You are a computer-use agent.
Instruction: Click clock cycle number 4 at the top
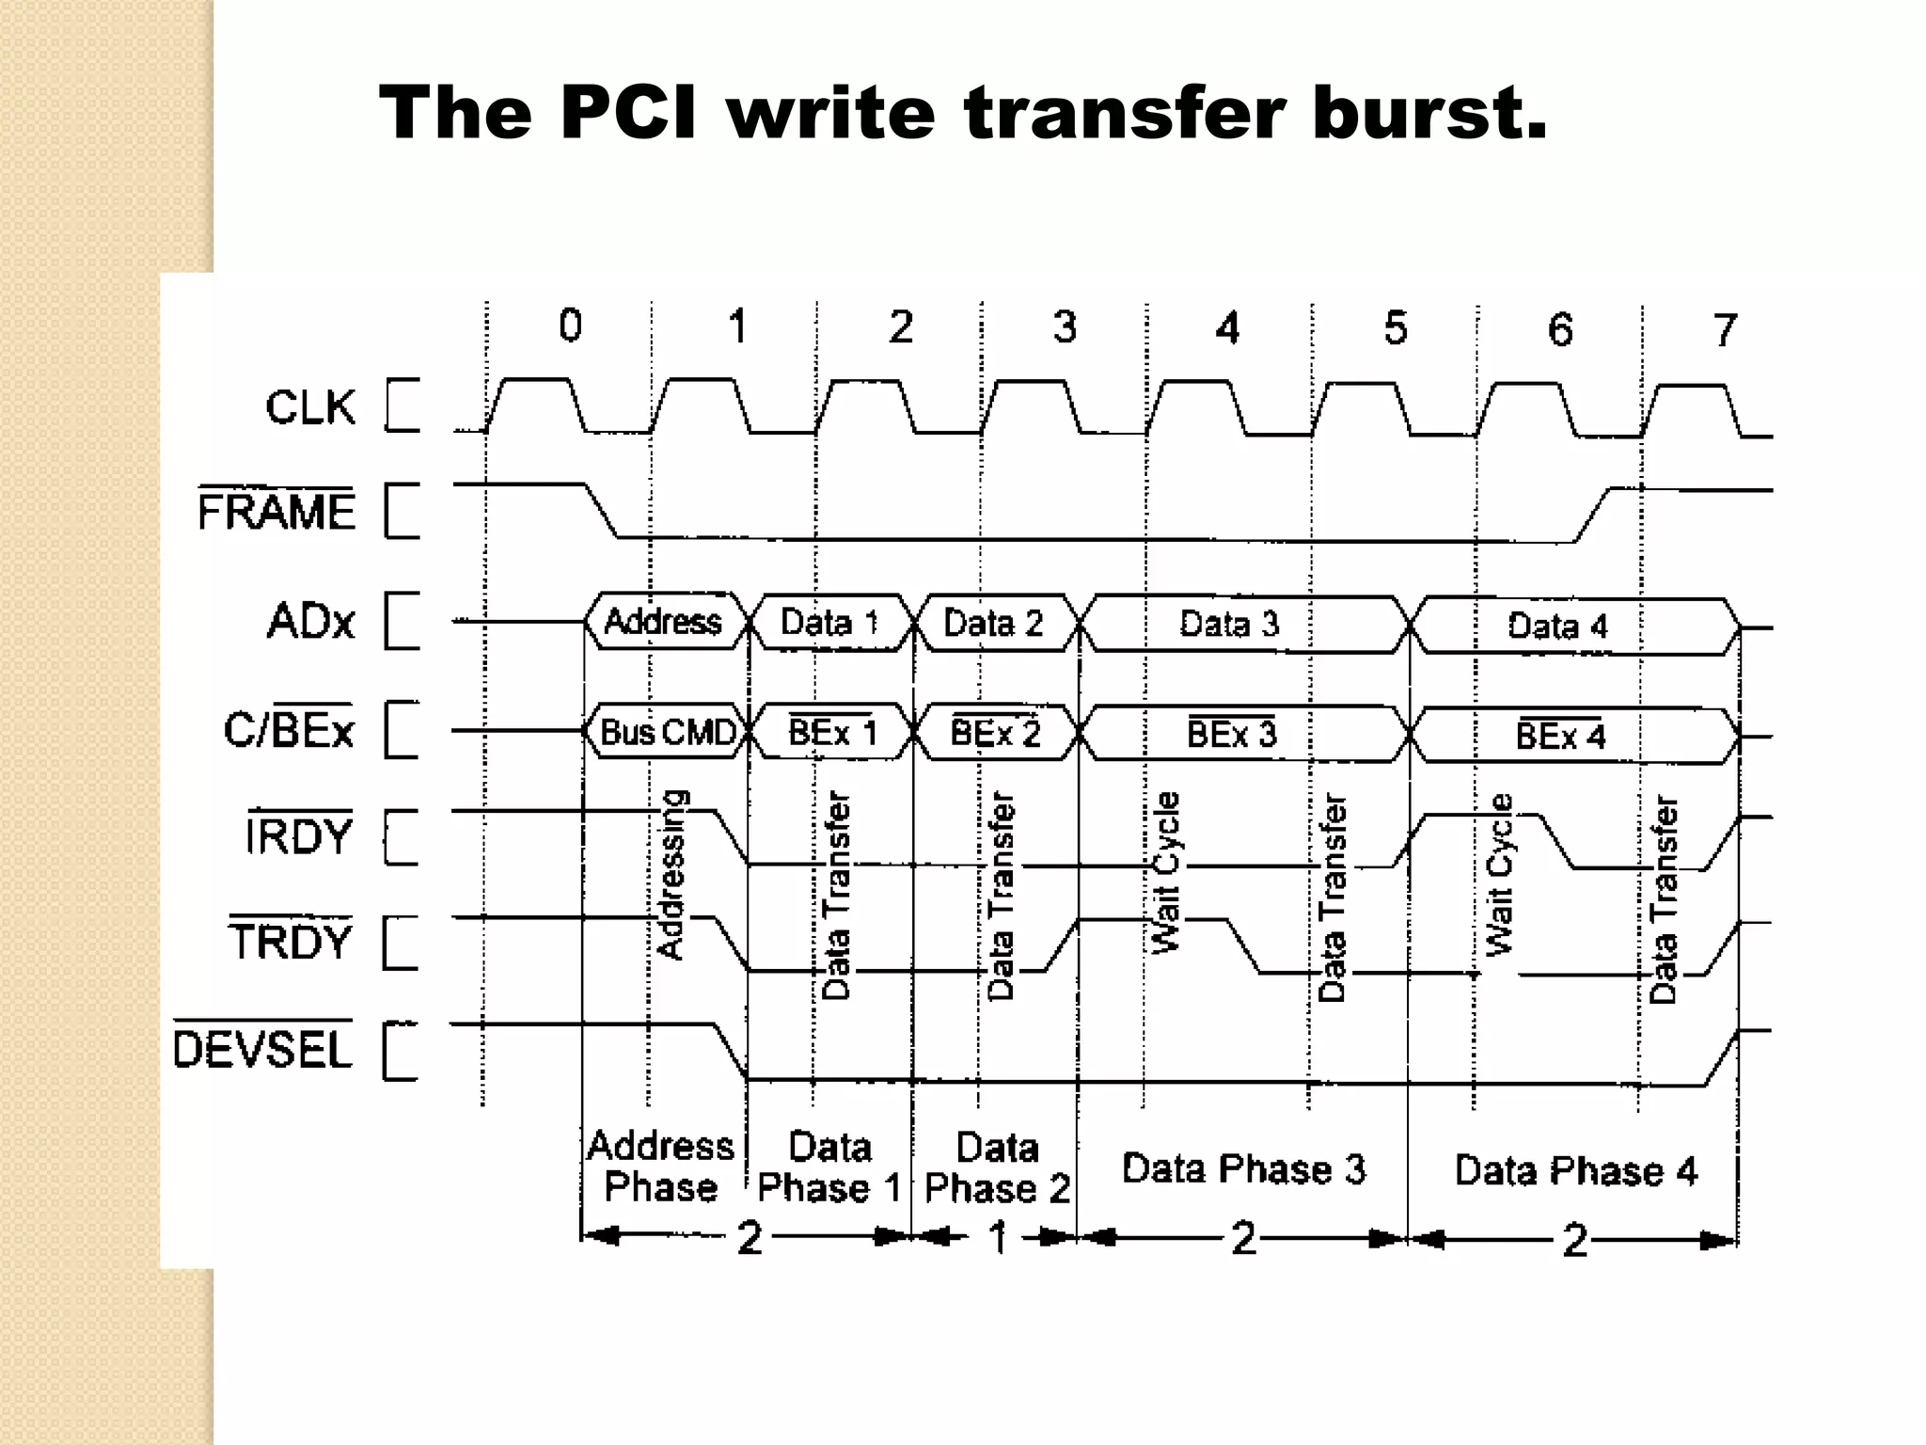(x=1227, y=328)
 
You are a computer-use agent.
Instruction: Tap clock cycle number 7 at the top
(x=1724, y=330)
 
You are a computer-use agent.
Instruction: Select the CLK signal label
(x=310, y=407)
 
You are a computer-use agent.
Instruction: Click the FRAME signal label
(x=276, y=512)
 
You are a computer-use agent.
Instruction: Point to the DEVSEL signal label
(x=262, y=1049)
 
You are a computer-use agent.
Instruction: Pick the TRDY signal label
(x=290, y=942)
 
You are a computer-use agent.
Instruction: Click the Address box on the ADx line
(x=663, y=622)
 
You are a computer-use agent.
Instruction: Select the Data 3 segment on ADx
(x=1229, y=624)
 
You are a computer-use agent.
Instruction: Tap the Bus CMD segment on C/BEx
(x=668, y=732)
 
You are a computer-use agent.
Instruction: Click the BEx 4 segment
(x=1560, y=735)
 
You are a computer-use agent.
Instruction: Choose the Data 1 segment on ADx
(x=829, y=623)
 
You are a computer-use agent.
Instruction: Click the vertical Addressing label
(x=671, y=875)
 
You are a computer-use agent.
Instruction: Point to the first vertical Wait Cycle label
(x=1166, y=872)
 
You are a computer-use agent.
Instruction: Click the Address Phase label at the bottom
(x=660, y=1167)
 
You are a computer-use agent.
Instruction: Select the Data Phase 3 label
(x=1243, y=1169)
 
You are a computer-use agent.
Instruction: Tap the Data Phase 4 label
(x=1575, y=1171)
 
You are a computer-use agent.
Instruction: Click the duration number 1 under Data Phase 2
(x=999, y=1237)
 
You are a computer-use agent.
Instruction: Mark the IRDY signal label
(x=298, y=836)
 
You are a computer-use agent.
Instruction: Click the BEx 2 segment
(x=995, y=733)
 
